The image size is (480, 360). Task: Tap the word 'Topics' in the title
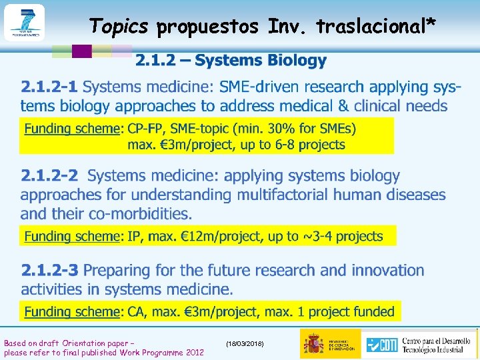119,26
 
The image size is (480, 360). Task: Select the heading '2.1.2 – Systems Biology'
231,61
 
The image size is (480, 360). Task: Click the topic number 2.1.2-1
49,87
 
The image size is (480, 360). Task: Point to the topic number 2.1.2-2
49,176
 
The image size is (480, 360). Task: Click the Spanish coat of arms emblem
313,343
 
